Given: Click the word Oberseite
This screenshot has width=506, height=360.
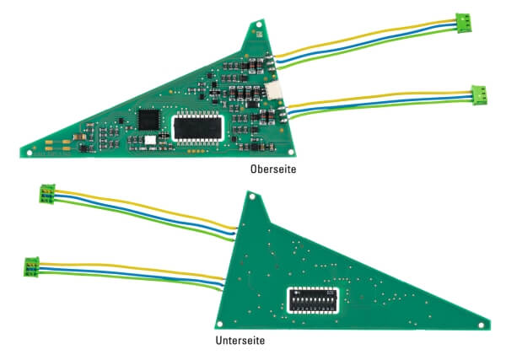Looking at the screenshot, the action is click(273, 169).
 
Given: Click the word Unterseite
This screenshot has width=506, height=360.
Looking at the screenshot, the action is click(240, 341).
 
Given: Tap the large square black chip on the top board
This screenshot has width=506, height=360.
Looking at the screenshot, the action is click(148, 120).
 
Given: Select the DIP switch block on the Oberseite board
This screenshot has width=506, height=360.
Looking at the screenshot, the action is click(198, 128).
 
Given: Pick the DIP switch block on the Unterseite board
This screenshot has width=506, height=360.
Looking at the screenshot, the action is click(313, 300).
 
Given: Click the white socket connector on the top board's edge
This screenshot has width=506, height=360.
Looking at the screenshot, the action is click(273, 91).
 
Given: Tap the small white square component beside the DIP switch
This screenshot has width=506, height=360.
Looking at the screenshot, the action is click(150, 140).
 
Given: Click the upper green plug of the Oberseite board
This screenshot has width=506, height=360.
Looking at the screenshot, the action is click(463, 23).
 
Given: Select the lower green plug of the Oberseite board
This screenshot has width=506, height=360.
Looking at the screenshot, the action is click(479, 94).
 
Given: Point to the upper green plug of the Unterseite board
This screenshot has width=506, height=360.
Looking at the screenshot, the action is click(47, 194).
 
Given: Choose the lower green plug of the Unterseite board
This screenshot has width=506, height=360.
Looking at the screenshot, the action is click(32, 266).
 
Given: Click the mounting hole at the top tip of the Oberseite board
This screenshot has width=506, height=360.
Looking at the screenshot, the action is click(259, 24).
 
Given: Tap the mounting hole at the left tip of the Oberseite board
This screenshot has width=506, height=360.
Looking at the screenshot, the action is click(30, 153).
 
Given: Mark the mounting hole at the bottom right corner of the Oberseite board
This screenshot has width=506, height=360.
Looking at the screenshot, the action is click(290, 152).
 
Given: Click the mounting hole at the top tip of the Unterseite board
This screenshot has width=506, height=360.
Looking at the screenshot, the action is click(252, 196).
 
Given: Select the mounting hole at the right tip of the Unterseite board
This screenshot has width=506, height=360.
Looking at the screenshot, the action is click(481, 325).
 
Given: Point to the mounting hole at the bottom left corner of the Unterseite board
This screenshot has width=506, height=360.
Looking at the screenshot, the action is click(219, 324).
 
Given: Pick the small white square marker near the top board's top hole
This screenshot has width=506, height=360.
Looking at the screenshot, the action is click(259, 34).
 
